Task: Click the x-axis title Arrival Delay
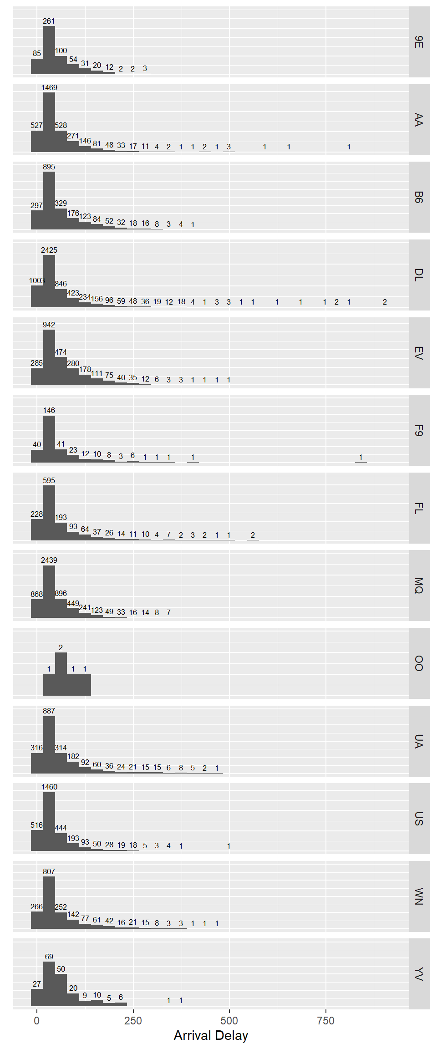click(211, 1035)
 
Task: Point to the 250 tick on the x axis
click(133, 1020)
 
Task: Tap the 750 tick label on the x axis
click(325, 1020)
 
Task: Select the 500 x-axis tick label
click(229, 1020)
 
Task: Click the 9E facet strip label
click(419, 42)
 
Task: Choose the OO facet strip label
click(419, 663)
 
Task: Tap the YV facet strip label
click(419, 974)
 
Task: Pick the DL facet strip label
click(419, 275)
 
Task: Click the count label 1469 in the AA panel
click(49, 87)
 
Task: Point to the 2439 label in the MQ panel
click(49, 560)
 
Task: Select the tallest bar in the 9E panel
click(49, 50)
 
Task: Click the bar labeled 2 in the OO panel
click(61, 674)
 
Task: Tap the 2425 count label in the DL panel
click(49, 250)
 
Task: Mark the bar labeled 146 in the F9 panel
click(49, 439)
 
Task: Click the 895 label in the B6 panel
click(49, 167)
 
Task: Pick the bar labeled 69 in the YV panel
click(49, 983)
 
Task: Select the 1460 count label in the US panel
click(49, 787)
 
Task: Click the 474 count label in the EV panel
click(61, 352)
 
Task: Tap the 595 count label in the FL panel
click(49, 480)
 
